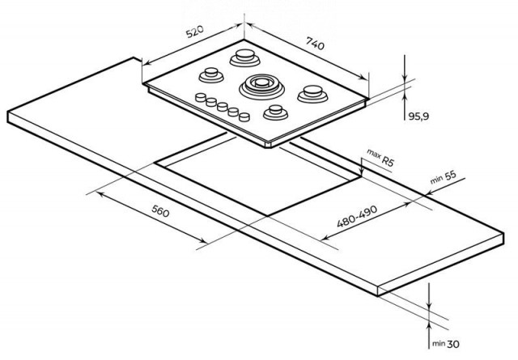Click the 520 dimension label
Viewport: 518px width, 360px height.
point(195,31)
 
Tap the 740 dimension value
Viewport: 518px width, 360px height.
point(316,43)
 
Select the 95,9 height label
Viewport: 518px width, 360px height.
point(418,116)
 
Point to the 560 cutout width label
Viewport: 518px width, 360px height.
point(160,210)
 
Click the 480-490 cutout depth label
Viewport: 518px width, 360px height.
point(357,216)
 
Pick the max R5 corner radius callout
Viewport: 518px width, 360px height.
point(380,158)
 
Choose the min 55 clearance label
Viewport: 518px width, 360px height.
point(443,177)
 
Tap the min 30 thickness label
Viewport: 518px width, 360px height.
point(446,344)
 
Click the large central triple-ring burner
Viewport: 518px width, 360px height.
point(261,87)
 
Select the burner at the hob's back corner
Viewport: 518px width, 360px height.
point(244,57)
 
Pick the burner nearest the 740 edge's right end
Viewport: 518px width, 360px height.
point(312,94)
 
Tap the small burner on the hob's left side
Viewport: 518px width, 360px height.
point(211,75)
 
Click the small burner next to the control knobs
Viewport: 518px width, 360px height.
point(275,112)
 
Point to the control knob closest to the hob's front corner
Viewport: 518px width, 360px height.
point(244,117)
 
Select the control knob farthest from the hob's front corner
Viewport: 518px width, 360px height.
point(201,97)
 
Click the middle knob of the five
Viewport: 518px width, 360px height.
point(223,107)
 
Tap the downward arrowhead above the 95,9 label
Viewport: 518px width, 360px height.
point(405,78)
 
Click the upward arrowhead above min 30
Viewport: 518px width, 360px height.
point(429,327)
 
